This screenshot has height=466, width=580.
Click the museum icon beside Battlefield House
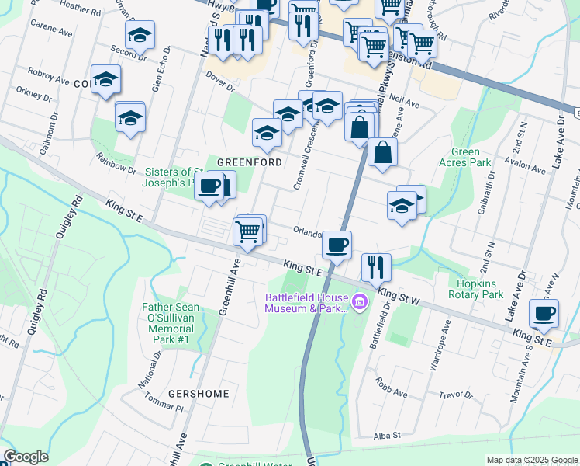click(359, 301)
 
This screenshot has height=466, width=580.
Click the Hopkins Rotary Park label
click(476, 289)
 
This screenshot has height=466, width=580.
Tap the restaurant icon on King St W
click(376, 266)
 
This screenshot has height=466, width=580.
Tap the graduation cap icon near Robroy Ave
click(105, 79)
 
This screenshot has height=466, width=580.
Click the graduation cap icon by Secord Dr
click(140, 35)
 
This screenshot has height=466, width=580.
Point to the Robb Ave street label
click(392, 394)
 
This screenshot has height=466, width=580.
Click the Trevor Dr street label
click(455, 395)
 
